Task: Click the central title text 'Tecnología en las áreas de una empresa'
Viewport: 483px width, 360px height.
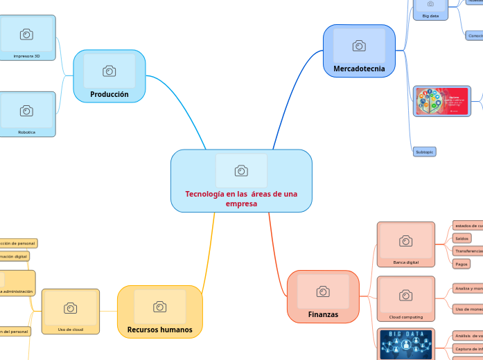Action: pos(241,199)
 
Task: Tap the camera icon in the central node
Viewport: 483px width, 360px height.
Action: pos(241,171)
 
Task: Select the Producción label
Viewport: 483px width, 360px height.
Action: pos(109,94)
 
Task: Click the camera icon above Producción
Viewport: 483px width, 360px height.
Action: pos(109,71)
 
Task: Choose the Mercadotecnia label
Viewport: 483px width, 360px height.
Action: pos(359,69)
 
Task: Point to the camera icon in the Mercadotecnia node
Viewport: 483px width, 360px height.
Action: pos(359,46)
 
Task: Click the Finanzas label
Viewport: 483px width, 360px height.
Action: pos(323,314)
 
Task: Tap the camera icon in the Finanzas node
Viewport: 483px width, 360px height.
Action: pos(323,291)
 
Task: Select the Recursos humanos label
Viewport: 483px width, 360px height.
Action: pos(160,330)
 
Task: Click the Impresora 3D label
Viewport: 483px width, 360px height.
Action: pos(26,55)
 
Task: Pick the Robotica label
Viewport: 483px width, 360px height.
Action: pos(26,132)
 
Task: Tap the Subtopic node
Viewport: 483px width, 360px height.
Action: pos(423,151)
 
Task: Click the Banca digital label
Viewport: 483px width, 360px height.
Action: pos(405,262)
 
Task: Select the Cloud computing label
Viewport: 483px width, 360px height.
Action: pos(405,316)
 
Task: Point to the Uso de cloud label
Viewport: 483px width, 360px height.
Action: pos(70,329)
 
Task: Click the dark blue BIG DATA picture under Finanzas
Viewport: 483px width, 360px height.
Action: pos(406,344)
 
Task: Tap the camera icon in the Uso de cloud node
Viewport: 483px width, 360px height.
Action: pos(70,308)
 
